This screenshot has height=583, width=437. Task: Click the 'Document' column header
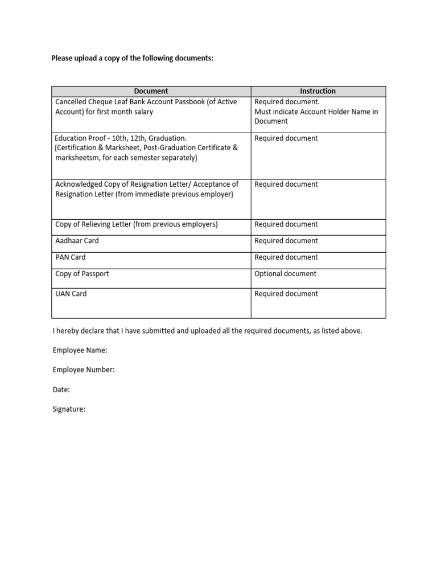(x=151, y=91)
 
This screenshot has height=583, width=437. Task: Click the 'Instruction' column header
(x=318, y=91)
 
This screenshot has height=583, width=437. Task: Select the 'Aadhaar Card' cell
(x=77, y=241)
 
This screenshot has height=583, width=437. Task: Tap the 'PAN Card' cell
(x=71, y=257)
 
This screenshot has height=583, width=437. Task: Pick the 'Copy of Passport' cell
(x=82, y=274)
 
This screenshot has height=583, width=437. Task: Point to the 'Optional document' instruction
(x=286, y=274)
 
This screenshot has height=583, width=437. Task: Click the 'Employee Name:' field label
(x=80, y=350)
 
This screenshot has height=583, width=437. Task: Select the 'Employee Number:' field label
(x=84, y=370)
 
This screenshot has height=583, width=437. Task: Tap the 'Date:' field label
(x=61, y=390)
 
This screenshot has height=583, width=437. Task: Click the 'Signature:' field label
(x=69, y=409)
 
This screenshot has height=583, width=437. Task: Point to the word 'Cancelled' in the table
(x=72, y=102)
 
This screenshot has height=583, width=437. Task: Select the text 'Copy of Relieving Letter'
(x=93, y=224)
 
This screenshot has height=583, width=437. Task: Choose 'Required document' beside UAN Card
(x=286, y=294)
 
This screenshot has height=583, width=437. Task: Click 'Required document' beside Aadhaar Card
(x=286, y=241)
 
